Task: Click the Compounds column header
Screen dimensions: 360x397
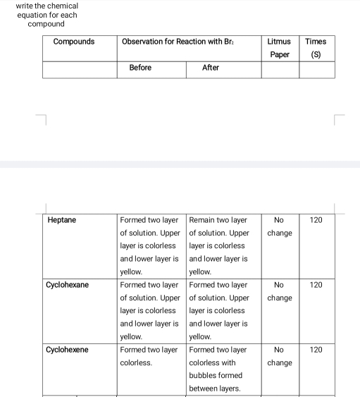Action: tap(74, 42)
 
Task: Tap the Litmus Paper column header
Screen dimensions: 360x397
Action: tap(280, 48)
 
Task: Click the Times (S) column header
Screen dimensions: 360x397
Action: tap(316, 48)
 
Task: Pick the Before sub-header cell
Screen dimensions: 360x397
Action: tap(140, 68)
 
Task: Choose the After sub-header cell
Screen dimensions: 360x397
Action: tap(211, 68)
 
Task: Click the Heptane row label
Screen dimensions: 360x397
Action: tap(62, 220)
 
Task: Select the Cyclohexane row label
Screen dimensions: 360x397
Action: tap(68, 285)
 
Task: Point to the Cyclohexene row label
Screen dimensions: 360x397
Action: tap(68, 350)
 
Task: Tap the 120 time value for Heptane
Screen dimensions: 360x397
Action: tap(316, 220)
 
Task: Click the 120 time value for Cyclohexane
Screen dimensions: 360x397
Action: tap(316, 285)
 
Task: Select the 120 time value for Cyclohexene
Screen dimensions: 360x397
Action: tap(316, 350)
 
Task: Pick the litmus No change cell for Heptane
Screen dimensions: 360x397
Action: tap(280, 226)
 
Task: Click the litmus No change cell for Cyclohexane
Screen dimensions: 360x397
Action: tap(280, 291)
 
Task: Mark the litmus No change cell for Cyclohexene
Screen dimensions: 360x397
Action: tap(280, 356)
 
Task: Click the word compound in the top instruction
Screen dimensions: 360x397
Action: tap(46, 24)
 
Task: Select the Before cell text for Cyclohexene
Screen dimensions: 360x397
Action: tap(149, 356)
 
